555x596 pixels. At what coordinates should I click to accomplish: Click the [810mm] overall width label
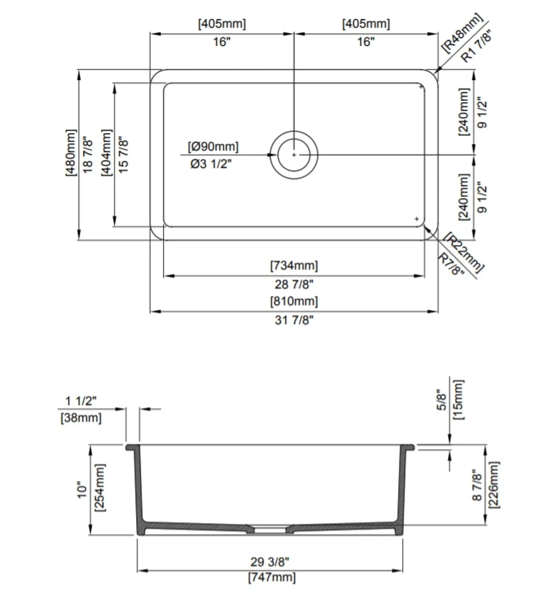(x=294, y=301)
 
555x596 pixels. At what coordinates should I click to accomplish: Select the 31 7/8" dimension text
(x=294, y=320)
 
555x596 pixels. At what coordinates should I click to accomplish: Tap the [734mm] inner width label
(x=294, y=265)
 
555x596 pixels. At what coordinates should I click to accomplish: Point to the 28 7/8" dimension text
(x=294, y=284)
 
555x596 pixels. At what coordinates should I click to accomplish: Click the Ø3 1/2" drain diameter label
(x=211, y=164)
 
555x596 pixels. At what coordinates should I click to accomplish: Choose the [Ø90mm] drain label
(x=213, y=146)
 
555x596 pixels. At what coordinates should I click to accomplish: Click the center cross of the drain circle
(x=294, y=155)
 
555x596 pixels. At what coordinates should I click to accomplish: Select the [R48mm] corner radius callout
(x=462, y=33)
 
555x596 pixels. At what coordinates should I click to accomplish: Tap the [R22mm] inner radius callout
(x=465, y=252)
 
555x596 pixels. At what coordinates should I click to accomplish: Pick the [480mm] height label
(x=71, y=153)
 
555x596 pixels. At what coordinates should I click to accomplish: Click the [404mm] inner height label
(x=106, y=153)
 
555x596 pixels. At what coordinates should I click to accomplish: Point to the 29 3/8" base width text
(x=270, y=561)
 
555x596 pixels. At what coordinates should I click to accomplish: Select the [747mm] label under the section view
(x=272, y=577)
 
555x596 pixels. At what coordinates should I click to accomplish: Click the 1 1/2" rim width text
(x=81, y=401)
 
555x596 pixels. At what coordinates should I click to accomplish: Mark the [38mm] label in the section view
(x=81, y=417)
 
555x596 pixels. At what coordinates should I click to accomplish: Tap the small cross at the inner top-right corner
(x=421, y=87)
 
